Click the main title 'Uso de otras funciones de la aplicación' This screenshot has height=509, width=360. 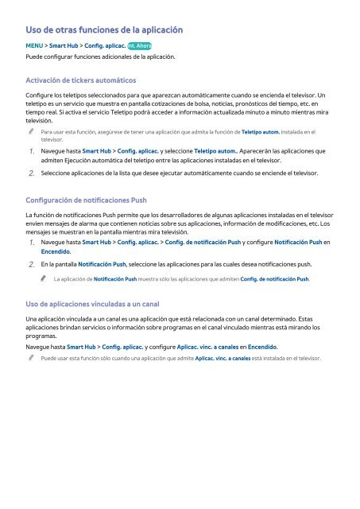click(x=105, y=29)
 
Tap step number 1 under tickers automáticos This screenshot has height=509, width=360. click(x=29, y=150)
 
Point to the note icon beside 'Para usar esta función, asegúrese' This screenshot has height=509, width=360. click(x=29, y=131)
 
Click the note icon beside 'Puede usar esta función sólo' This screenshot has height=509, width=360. click(x=29, y=359)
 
